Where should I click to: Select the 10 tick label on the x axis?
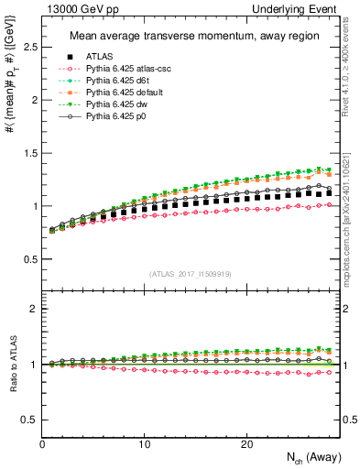(144, 443)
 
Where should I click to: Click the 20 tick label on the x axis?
(245, 443)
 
